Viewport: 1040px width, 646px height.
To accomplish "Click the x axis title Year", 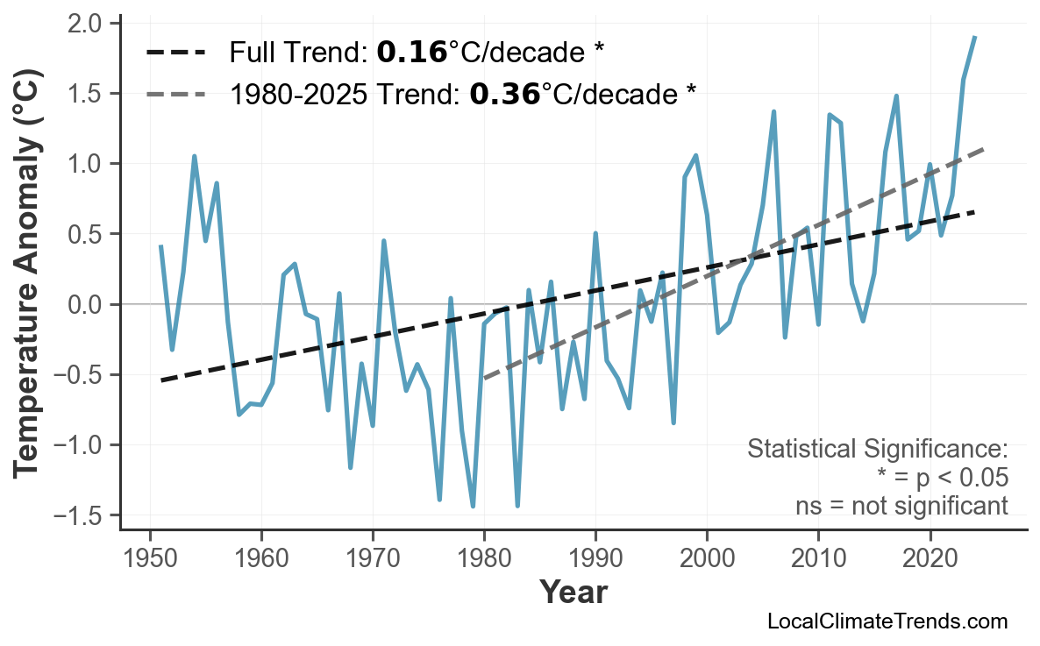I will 573,593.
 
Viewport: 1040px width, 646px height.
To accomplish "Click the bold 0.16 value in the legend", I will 411,53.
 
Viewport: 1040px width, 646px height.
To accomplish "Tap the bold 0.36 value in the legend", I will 504,94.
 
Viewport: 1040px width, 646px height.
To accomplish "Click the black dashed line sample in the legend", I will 175,53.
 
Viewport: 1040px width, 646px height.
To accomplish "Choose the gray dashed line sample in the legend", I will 175,94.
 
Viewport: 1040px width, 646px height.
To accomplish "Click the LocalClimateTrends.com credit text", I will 887,621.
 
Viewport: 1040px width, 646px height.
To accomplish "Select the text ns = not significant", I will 901,506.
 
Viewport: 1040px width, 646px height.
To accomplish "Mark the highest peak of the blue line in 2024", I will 974,38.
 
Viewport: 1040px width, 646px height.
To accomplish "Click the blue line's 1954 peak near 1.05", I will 195,157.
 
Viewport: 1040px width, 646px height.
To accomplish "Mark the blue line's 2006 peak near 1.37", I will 773,112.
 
